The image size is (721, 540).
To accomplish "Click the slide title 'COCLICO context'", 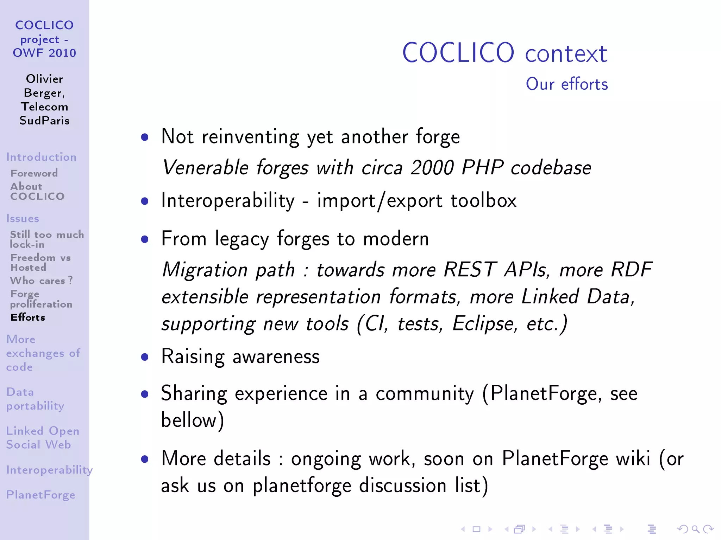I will pyautogui.click(x=504, y=53).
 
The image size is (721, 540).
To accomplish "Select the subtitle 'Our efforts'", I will pyautogui.click(x=566, y=84).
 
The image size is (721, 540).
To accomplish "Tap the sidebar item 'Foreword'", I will pyautogui.click(x=34, y=173).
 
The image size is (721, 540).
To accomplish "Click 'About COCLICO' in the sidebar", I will pyautogui.click(x=37, y=191).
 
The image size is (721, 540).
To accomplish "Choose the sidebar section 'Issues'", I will pyautogui.click(x=23, y=218).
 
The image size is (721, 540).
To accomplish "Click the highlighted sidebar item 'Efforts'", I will pyautogui.click(x=28, y=317).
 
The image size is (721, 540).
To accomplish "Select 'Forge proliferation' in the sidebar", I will pyautogui.click(x=41, y=299).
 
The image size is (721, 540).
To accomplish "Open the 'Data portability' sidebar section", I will pyautogui.click(x=35, y=399).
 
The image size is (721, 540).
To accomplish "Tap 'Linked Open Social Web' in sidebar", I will pyautogui.click(x=42, y=438).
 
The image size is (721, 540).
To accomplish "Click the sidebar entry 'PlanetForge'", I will pyautogui.click(x=40, y=495).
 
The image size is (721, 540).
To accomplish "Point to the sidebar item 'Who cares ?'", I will pyautogui.click(x=41, y=281).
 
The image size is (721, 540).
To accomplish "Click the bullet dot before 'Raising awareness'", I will pyautogui.click(x=144, y=357).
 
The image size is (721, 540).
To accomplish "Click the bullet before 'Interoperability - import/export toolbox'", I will pyautogui.click(x=144, y=201).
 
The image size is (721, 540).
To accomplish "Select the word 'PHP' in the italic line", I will pyautogui.click(x=482, y=167).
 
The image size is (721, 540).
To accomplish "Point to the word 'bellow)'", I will pyautogui.click(x=192, y=420).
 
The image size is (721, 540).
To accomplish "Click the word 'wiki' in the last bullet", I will pyautogui.click(x=633, y=458).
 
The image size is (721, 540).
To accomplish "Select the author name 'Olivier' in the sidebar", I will pyautogui.click(x=44, y=79).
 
